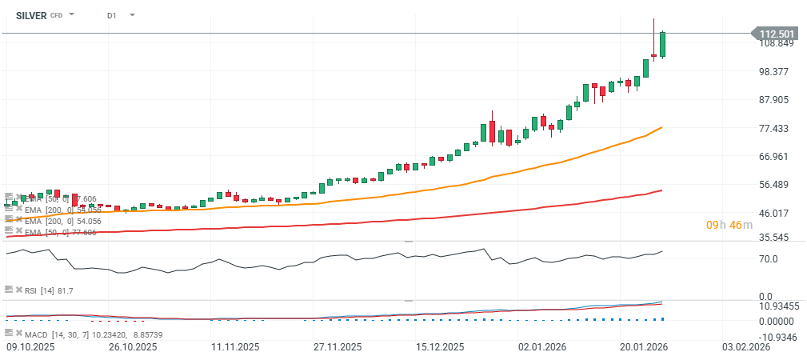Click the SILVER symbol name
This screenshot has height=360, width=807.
(31, 14)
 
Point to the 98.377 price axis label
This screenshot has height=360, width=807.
(775, 71)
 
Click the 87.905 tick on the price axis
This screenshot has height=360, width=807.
(775, 100)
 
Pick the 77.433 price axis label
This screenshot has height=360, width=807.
(775, 128)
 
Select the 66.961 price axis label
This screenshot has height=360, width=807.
(775, 157)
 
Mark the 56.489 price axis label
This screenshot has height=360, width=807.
(775, 185)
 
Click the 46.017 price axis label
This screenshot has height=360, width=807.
(775, 214)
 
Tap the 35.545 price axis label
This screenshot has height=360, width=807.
(775, 238)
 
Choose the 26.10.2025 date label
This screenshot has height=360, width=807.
(132, 347)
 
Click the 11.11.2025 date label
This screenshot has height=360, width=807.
(235, 347)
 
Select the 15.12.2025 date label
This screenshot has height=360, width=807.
(441, 347)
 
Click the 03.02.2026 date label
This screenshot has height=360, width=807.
(747, 347)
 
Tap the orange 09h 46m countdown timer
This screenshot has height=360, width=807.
(729, 225)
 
